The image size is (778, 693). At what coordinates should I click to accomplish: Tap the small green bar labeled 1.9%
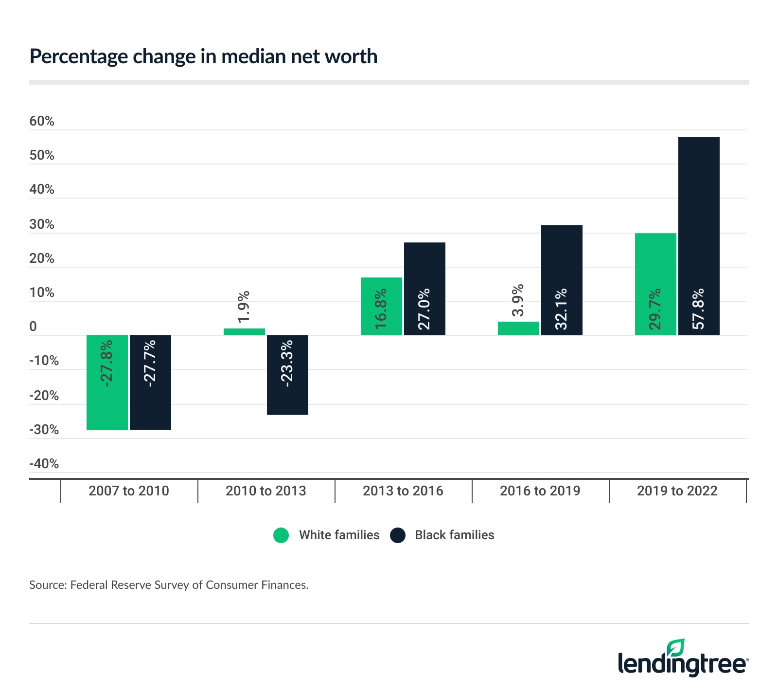[x=244, y=331]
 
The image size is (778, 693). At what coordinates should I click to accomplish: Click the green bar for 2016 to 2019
[x=518, y=328]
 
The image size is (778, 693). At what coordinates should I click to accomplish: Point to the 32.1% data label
[x=561, y=309]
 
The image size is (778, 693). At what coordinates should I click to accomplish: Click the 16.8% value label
[x=381, y=309]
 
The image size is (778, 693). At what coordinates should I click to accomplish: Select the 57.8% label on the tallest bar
[x=698, y=309]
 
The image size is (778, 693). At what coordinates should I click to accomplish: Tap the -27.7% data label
[x=150, y=364]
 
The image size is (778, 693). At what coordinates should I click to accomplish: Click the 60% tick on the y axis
[x=42, y=121]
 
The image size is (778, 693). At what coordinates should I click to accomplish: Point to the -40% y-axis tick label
[x=44, y=463]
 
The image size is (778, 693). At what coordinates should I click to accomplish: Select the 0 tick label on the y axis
[x=33, y=327]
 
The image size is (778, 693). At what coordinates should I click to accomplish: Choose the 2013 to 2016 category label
[x=403, y=491]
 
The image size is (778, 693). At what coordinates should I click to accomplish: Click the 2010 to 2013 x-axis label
[x=265, y=491]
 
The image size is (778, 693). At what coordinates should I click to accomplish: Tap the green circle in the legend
[x=281, y=535]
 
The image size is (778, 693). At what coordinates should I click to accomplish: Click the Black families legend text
[x=454, y=535]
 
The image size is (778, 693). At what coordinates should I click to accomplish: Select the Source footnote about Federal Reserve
[x=169, y=584]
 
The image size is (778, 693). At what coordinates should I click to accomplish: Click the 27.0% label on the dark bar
[x=424, y=309]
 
